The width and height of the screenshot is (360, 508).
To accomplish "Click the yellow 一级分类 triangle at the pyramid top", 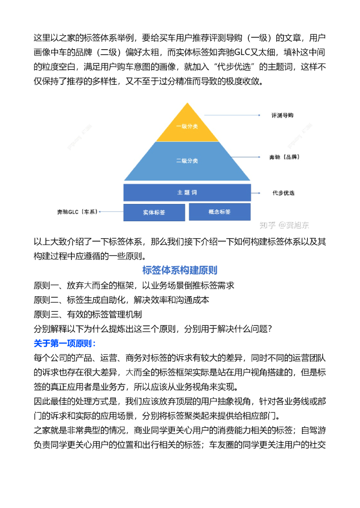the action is point(187,126).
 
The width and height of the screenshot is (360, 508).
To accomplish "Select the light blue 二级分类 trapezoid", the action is point(187,161).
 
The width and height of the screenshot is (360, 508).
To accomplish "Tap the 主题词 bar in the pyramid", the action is point(187,192).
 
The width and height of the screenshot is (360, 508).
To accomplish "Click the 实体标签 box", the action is point(154,212).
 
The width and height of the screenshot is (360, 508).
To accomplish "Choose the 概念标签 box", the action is point(219,212).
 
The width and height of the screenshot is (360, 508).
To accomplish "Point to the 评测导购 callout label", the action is point(282,115).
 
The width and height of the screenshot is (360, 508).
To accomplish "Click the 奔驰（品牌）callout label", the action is point(284,157).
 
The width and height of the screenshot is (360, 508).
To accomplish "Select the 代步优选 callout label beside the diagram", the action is point(283,192).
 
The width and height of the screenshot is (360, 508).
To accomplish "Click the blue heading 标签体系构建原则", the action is point(180,270).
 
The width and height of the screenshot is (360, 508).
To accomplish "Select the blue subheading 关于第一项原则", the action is point(65,343).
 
